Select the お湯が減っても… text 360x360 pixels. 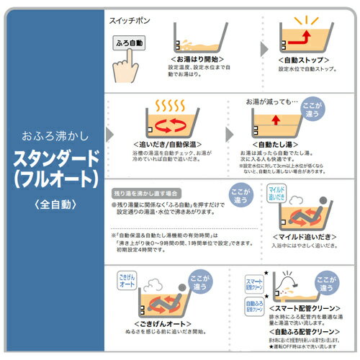pos(271,102)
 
